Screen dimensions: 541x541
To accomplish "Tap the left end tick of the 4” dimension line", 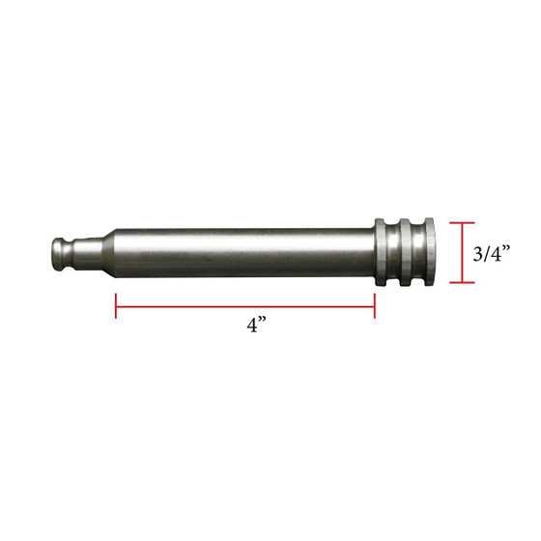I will tap(116, 306).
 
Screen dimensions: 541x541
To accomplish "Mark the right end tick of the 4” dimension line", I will tap(375, 306).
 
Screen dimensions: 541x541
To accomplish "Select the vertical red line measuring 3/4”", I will tap(466, 253).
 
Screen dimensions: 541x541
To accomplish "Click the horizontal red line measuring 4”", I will tap(245, 306).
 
